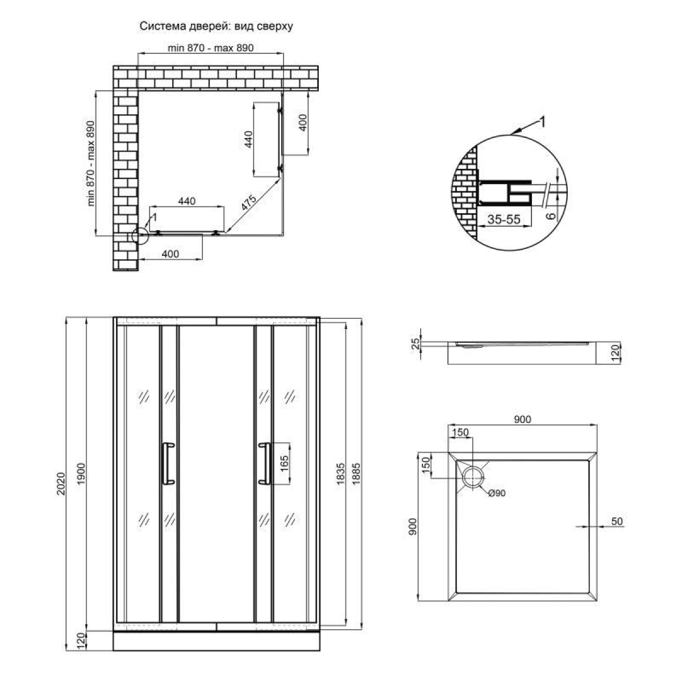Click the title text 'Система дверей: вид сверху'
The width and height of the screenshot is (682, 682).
(x=216, y=27)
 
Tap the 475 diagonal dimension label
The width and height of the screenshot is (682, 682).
(x=248, y=203)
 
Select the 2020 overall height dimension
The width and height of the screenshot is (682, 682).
(x=61, y=484)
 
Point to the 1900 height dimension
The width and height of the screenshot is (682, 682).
(x=81, y=474)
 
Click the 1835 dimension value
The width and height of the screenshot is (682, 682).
(x=340, y=473)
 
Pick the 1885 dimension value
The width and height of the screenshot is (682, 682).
(x=356, y=473)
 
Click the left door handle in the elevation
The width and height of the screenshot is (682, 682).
(x=168, y=463)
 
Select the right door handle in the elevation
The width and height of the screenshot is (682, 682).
(x=264, y=463)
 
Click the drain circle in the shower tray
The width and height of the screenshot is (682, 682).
(x=473, y=477)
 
